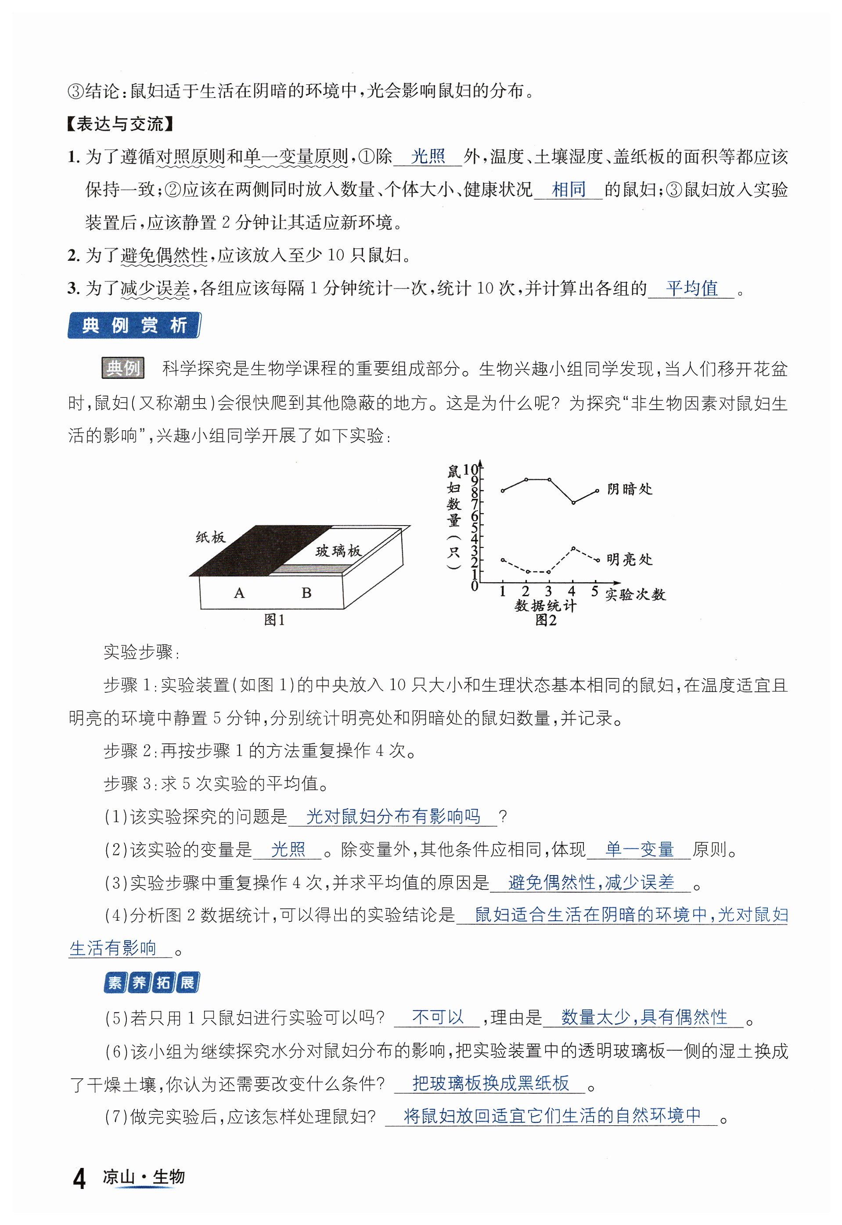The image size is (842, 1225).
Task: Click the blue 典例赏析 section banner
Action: click(134, 325)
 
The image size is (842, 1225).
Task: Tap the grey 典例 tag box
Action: click(123, 367)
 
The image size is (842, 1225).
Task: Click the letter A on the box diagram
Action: click(239, 593)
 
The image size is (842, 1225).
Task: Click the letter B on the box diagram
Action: click(306, 593)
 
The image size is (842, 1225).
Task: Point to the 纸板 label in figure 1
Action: click(211, 537)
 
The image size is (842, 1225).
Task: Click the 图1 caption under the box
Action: click(274, 620)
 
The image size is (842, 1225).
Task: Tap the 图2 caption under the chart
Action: click(546, 620)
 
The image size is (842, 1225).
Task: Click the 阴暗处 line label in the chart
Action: click(630, 489)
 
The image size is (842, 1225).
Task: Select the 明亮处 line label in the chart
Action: click(630, 559)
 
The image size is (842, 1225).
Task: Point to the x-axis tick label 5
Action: click(594, 591)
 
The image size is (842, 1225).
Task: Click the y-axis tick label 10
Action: click(470, 469)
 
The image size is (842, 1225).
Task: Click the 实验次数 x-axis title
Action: click(635, 594)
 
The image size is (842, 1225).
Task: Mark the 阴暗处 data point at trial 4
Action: click(573, 502)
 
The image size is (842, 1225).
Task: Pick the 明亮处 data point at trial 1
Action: click(503, 560)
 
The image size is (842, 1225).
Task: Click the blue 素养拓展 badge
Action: click(151, 983)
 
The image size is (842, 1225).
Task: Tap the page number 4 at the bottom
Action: click(79, 1178)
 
